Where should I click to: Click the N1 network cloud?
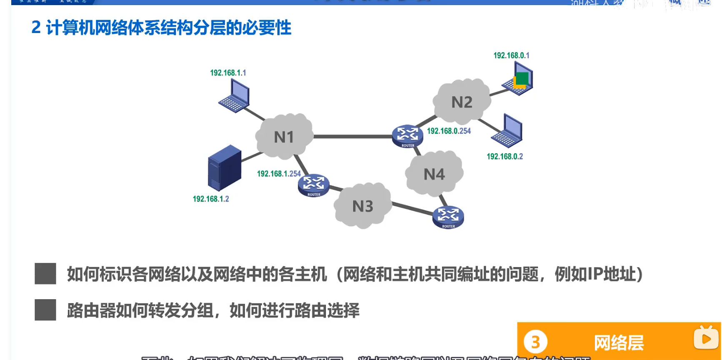click(284, 137)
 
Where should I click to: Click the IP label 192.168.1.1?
click(228, 73)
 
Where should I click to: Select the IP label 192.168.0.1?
click(511, 55)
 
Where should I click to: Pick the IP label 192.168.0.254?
click(449, 131)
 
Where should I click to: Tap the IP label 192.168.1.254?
click(279, 174)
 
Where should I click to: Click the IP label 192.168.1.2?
click(211, 199)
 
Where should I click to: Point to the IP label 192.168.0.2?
click(505, 157)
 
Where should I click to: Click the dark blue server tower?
click(224, 167)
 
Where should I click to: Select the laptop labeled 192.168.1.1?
click(235, 96)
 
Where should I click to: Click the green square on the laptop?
click(522, 78)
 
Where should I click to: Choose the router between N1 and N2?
click(407, 135)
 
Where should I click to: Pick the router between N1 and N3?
click(314, 185)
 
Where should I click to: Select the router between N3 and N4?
click(448, 217)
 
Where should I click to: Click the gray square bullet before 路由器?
click(45, 310)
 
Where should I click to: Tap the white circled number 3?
click(535, 342)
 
